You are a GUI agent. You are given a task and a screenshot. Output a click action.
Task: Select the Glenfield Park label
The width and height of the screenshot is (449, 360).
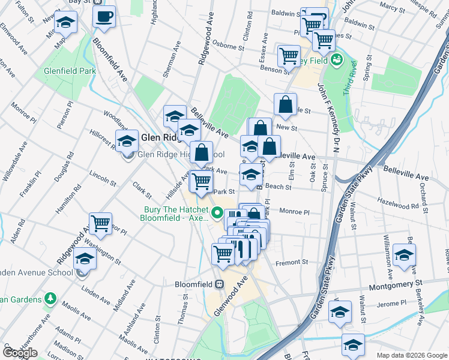pos(70,71)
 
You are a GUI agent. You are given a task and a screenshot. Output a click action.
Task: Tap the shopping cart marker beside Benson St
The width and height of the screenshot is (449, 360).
pos(289,56)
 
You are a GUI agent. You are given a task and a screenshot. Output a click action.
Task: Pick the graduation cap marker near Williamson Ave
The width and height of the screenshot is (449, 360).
pos(404,254)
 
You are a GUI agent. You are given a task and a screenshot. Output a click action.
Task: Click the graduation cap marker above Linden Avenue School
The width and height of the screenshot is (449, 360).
pos(85,259)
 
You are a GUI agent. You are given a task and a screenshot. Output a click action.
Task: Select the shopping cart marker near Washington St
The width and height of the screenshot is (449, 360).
pos(100,224)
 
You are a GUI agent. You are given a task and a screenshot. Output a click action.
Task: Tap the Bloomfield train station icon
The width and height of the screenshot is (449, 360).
pos(220,284)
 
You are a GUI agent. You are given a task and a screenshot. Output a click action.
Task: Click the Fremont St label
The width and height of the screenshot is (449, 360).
pos(292,262)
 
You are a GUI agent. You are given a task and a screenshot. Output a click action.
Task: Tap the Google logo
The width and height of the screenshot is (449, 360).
pos(20,353)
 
